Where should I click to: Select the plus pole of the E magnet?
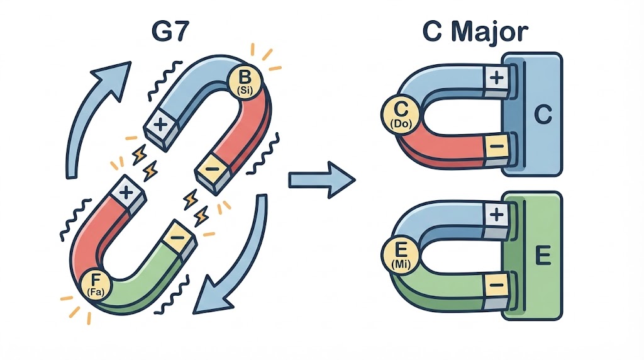(496, 215)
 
